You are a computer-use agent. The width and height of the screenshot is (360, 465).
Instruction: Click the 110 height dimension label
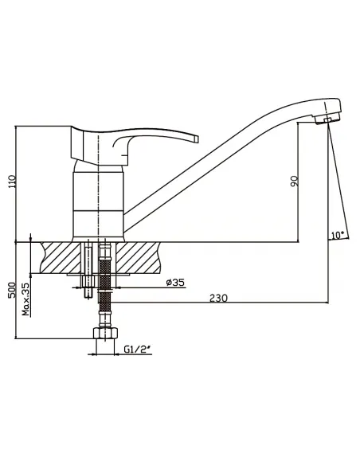coord(12,182)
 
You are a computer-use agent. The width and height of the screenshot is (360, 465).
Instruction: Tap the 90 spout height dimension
coord(295,182)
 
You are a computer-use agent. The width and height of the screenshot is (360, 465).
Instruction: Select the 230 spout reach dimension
coord(218,298)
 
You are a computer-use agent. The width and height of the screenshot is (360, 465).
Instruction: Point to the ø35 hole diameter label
coord(175,283)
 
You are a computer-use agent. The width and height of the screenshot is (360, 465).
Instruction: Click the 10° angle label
coord(338,235)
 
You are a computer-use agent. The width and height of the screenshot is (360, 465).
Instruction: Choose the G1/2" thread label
coord(138,350)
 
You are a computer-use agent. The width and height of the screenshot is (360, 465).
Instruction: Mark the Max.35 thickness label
coord(26,299)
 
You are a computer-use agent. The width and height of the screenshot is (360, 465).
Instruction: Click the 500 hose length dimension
coord(12,290)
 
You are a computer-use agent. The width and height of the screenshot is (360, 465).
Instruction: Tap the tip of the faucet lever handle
coord(196,139)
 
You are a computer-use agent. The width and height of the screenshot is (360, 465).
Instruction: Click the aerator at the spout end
coord(327,120)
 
